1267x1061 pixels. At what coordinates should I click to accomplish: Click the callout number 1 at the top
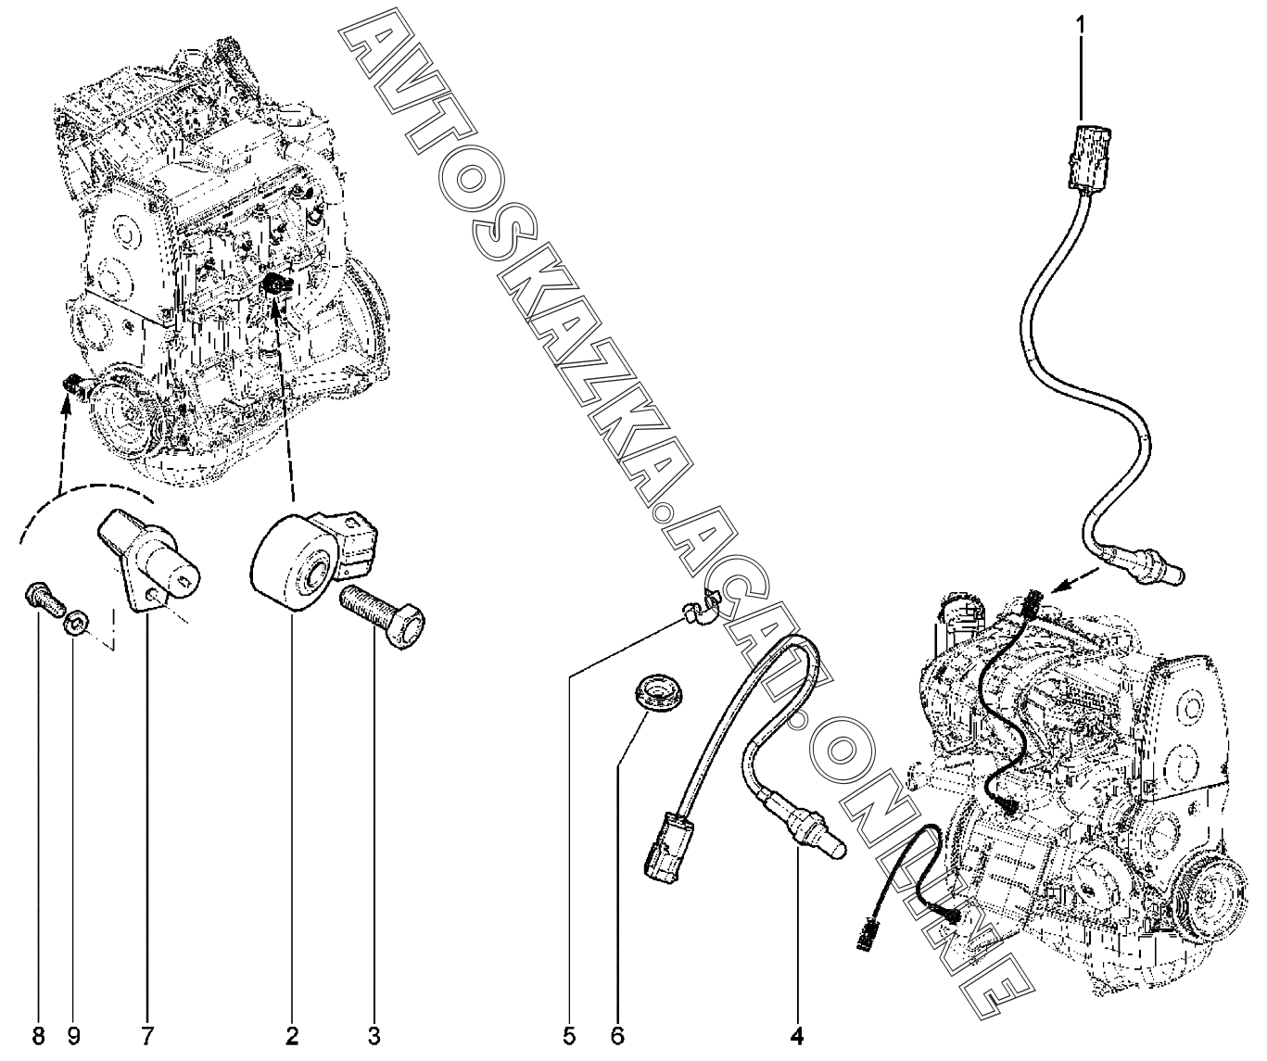1080,25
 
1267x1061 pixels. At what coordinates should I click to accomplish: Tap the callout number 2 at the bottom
292,1036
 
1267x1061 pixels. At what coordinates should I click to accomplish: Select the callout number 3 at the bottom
374,1036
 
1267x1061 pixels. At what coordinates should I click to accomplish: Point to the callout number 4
797,1036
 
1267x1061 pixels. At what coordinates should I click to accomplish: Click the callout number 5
568,1036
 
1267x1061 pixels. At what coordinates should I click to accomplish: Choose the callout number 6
617,1036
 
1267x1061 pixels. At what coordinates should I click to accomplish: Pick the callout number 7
147,1036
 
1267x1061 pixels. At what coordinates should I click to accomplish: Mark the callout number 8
38,1036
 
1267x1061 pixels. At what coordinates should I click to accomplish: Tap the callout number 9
73,1036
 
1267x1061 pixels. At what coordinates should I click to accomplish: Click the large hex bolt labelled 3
382,616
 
